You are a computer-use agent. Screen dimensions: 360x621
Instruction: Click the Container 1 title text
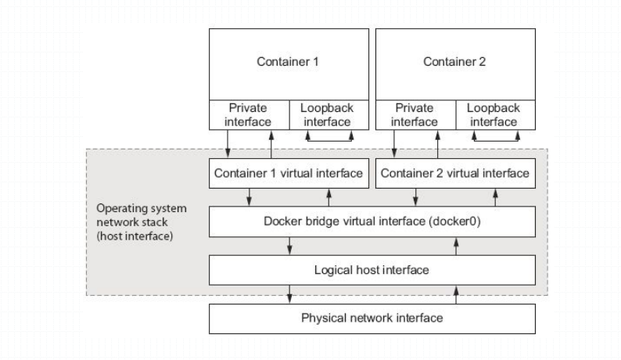pyautogui.click(x=289, y=62)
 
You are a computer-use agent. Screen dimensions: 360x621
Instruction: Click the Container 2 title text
pyautogui.click(x=454, y=62)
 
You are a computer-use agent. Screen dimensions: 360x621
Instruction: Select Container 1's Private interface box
pyautogui.click(x=249, y=115)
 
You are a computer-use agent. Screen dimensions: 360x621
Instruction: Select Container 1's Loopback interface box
pyautogui.click(x=328, y=115)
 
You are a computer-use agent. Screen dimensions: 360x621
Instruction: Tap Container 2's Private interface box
pyautogui.click(x=415, y=115)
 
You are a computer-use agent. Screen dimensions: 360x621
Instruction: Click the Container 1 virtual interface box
pyautogui.click(x=289, y=173)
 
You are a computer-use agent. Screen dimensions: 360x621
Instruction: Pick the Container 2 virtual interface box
pyautogui.click(x=454, y=173)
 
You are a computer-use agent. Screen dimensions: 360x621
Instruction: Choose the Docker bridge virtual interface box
pyautogui.click(x=372, y=221)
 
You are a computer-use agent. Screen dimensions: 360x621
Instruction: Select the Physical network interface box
pyautogui.click(x=372, y=319)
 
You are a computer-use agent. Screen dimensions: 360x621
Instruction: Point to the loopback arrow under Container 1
pyautogui.click(x=328, y=139)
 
